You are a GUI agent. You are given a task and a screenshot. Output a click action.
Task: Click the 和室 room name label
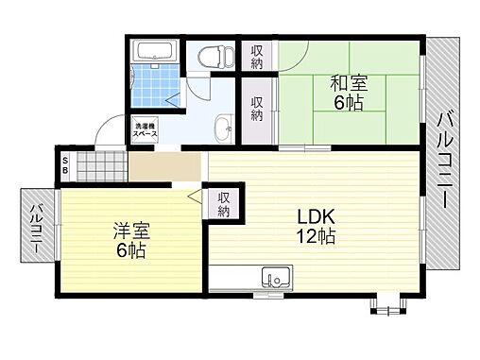pyautogui.click(x=349, y=83)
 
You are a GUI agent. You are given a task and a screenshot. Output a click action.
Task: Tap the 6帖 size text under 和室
pyautogui.click(x=349, y=104)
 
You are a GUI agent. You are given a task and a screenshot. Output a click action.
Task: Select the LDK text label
pyautogui.click(x=316, y=216)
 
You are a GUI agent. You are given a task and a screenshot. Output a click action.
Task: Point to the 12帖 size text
pyautogui.click(x=316, y=237)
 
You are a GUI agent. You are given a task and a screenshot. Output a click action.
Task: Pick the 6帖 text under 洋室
pyautogui.click(x=130, y=252)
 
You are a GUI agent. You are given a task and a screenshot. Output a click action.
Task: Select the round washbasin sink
pyautogui.click(x=222, y=127)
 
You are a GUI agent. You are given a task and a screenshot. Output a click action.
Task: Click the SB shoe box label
pyautogui.click(x=64, y=167)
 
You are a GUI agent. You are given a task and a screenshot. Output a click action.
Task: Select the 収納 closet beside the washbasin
pyautogui.click(x=257, y=110)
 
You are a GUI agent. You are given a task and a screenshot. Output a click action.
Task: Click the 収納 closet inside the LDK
pyautogui.click(x=224, y=203)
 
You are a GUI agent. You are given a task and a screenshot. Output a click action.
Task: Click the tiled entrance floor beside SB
pyautogui.click(x=99, y=167)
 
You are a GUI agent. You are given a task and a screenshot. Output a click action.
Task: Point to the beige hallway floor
pyautogui.click(x=165, y=168)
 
